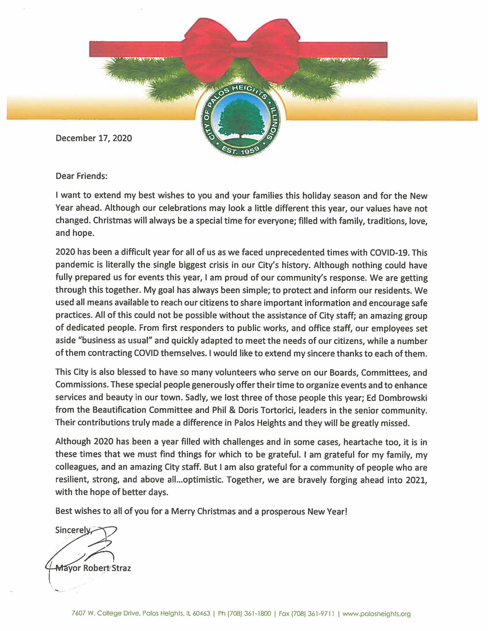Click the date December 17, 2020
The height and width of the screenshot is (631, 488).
(94, 138)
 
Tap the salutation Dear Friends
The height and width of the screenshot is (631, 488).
(81, 176)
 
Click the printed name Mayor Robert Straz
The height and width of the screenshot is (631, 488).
(93, 568)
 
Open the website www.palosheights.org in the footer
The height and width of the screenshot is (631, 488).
(376, 614)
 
